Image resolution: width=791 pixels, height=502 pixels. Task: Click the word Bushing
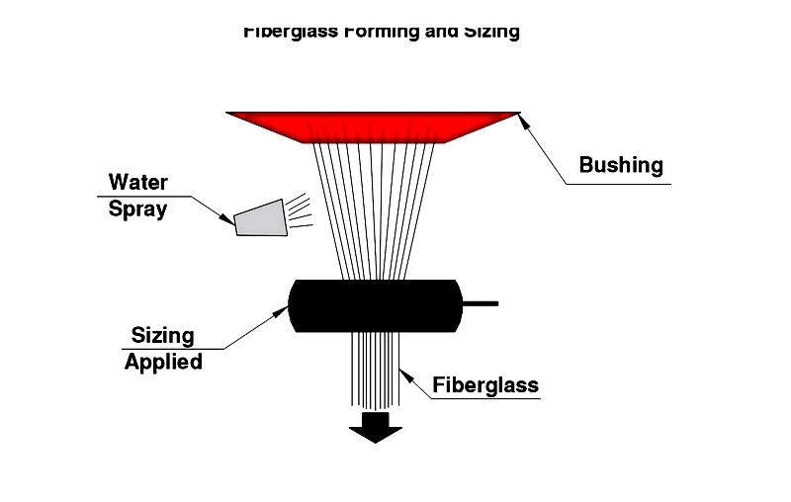tap(621, 165)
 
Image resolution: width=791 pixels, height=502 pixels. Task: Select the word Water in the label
tap(138, 182)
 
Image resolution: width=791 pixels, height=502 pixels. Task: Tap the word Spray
tap(137, 209)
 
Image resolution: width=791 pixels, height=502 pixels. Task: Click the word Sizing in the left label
tap(163, 336)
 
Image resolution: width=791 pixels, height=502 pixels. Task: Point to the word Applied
tap(163, 362)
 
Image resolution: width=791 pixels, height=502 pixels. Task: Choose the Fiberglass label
tap(485, 384)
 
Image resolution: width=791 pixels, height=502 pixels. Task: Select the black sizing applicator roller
tap(376, 305)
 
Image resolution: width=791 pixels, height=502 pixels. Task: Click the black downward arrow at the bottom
tap(376, 427)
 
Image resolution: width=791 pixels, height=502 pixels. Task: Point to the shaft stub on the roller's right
tap(481, 303)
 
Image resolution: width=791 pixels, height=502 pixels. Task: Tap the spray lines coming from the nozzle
tap(300, 210)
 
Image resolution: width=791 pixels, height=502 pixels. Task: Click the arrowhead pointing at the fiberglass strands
tap(401, 373)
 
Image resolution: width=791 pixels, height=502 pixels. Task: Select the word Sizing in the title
tap(492, 32)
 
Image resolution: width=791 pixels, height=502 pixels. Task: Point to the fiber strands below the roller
tap(375, 371)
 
